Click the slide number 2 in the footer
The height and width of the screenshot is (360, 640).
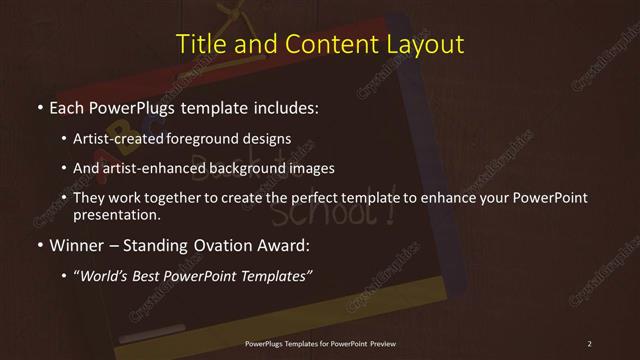(x=590, y=344)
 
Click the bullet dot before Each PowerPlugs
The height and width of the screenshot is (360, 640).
(x=38, y=107)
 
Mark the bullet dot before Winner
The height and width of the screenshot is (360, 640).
(x=38, y=245)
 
